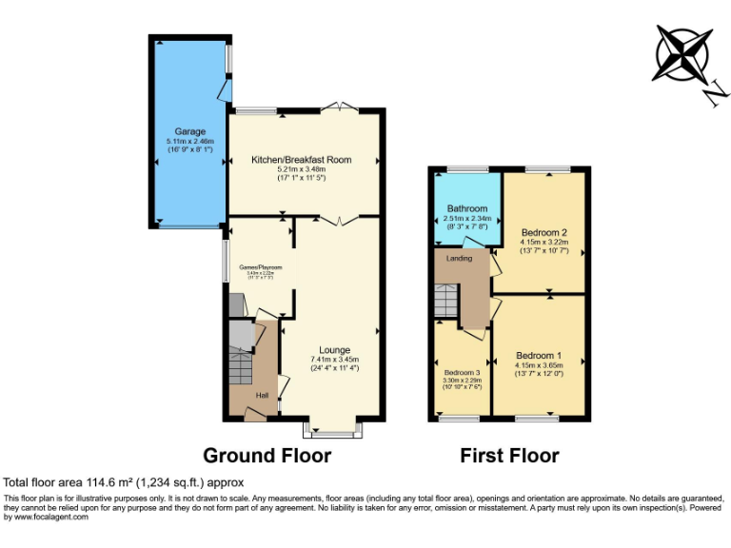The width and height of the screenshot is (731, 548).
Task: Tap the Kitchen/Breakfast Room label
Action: pyautogui.click(x=301, y=160)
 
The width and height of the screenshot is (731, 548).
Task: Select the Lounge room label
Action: pyautogui.click(x=334, y=349)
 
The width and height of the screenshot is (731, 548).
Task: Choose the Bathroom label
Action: pyautogui.click(x=467, y=208)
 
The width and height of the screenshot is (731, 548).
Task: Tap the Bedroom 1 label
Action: pyautogui.click(x=539, y=356)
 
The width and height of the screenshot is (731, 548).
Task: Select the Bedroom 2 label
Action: pyautogui.click(x=544, y=232)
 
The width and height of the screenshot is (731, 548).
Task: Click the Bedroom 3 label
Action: pyautogui.click(x=463, y=372)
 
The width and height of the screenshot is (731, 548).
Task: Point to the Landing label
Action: pyautogui.click(x=460, y=258)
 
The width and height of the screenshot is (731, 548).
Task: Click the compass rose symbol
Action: pyautogui.click(x=682, y=55)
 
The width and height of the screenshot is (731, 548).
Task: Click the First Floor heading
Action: pyautogui.click(x=509, y=456)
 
